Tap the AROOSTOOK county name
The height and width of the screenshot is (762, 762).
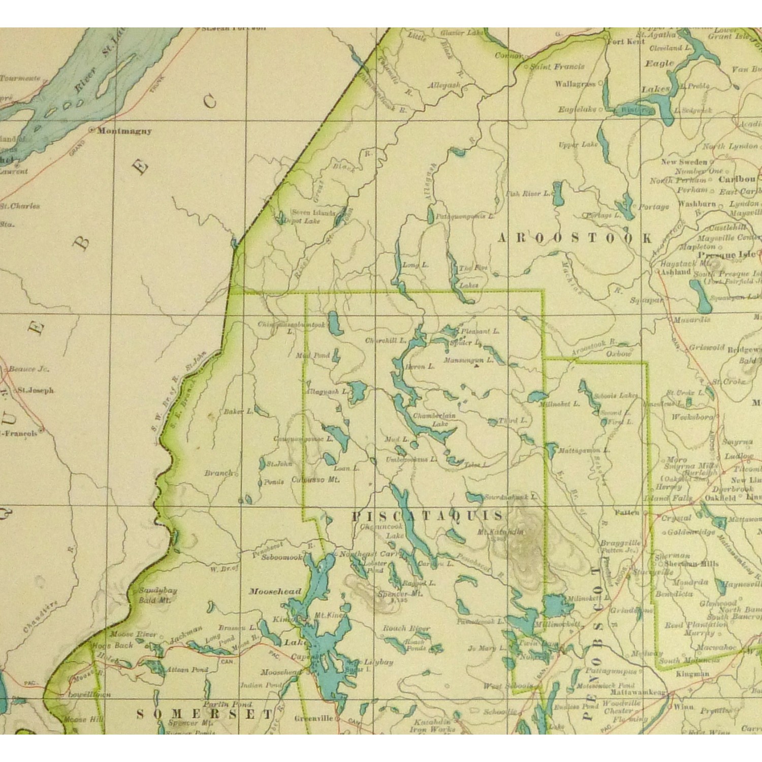[574, 238]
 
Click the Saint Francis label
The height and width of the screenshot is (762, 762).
[557, 67]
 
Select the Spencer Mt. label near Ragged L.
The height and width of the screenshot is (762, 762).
[400, 593]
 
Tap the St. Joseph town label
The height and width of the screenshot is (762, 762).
[36, 391]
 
